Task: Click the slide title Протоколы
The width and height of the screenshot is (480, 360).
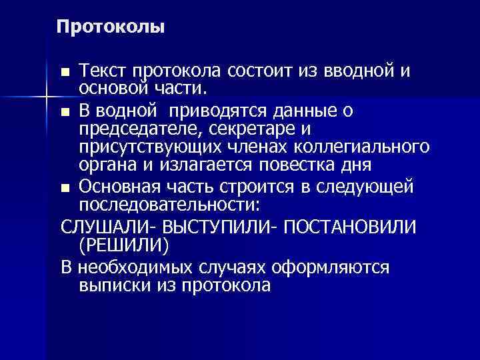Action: [110, 27]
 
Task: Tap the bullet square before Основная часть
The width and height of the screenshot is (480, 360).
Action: [64, 187]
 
